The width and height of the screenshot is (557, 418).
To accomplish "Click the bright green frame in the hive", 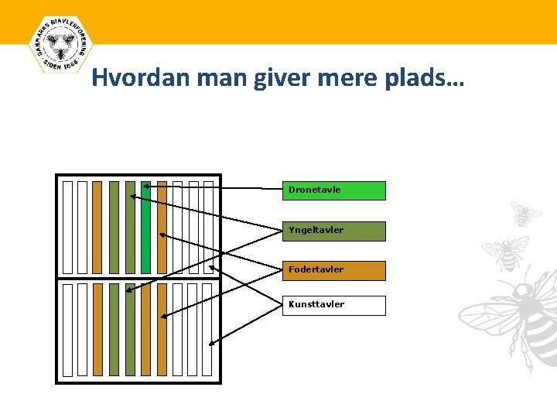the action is click(146, 227).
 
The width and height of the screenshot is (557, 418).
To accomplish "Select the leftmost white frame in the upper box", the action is click(67, 227).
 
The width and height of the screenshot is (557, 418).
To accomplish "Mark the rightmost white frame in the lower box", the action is click(207, 329).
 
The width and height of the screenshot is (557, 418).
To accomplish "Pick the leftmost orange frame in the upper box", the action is click(97, 227).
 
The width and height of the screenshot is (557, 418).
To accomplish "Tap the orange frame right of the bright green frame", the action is click(162, 227).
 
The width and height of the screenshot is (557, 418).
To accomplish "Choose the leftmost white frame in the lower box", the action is click(67, 329).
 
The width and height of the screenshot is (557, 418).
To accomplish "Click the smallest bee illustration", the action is click(525, 214).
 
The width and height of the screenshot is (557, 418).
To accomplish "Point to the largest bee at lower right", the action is click(514, 313).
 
